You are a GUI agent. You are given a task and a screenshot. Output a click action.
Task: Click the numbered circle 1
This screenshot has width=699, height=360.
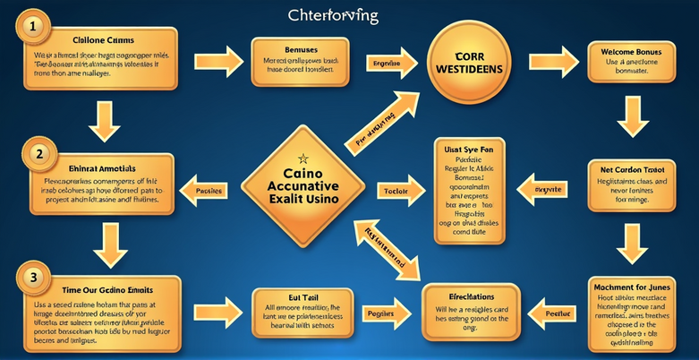[x=32, y=28]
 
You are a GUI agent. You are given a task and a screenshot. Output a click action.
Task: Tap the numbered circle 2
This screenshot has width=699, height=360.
[x=38, y=153]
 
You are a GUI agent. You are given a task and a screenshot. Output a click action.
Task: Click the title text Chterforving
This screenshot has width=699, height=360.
[x=333, y=16]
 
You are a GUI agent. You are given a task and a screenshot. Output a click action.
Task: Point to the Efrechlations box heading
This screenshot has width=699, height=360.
[x=471, y=295]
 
